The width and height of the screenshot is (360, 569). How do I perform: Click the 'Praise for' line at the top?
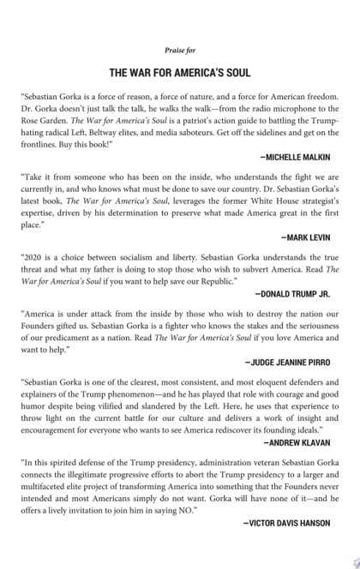pos(180,51)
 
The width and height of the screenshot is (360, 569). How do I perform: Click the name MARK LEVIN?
pos(306,236)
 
